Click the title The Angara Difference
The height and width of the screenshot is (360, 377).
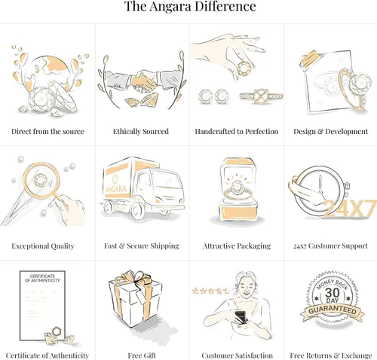point(190,7)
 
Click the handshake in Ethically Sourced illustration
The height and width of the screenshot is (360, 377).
point(143,81)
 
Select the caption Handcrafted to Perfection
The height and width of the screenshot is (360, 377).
point(237,132)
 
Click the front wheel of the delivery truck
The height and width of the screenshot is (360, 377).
point(137,210)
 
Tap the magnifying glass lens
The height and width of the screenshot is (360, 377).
point(41,180)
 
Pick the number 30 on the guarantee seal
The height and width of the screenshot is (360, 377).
point(332,293)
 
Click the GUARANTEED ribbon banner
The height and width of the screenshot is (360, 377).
point(333,311)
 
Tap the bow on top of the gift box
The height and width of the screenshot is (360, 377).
point(133,277)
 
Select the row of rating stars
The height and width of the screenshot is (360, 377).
point(210,291)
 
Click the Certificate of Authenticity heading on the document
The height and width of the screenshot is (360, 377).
point(42,278)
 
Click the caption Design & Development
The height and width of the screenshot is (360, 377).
point(330,132)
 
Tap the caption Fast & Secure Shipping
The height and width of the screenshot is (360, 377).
point(142,246)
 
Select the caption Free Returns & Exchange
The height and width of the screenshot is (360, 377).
point(331,355)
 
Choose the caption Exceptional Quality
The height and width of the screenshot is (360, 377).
point(43,246)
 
